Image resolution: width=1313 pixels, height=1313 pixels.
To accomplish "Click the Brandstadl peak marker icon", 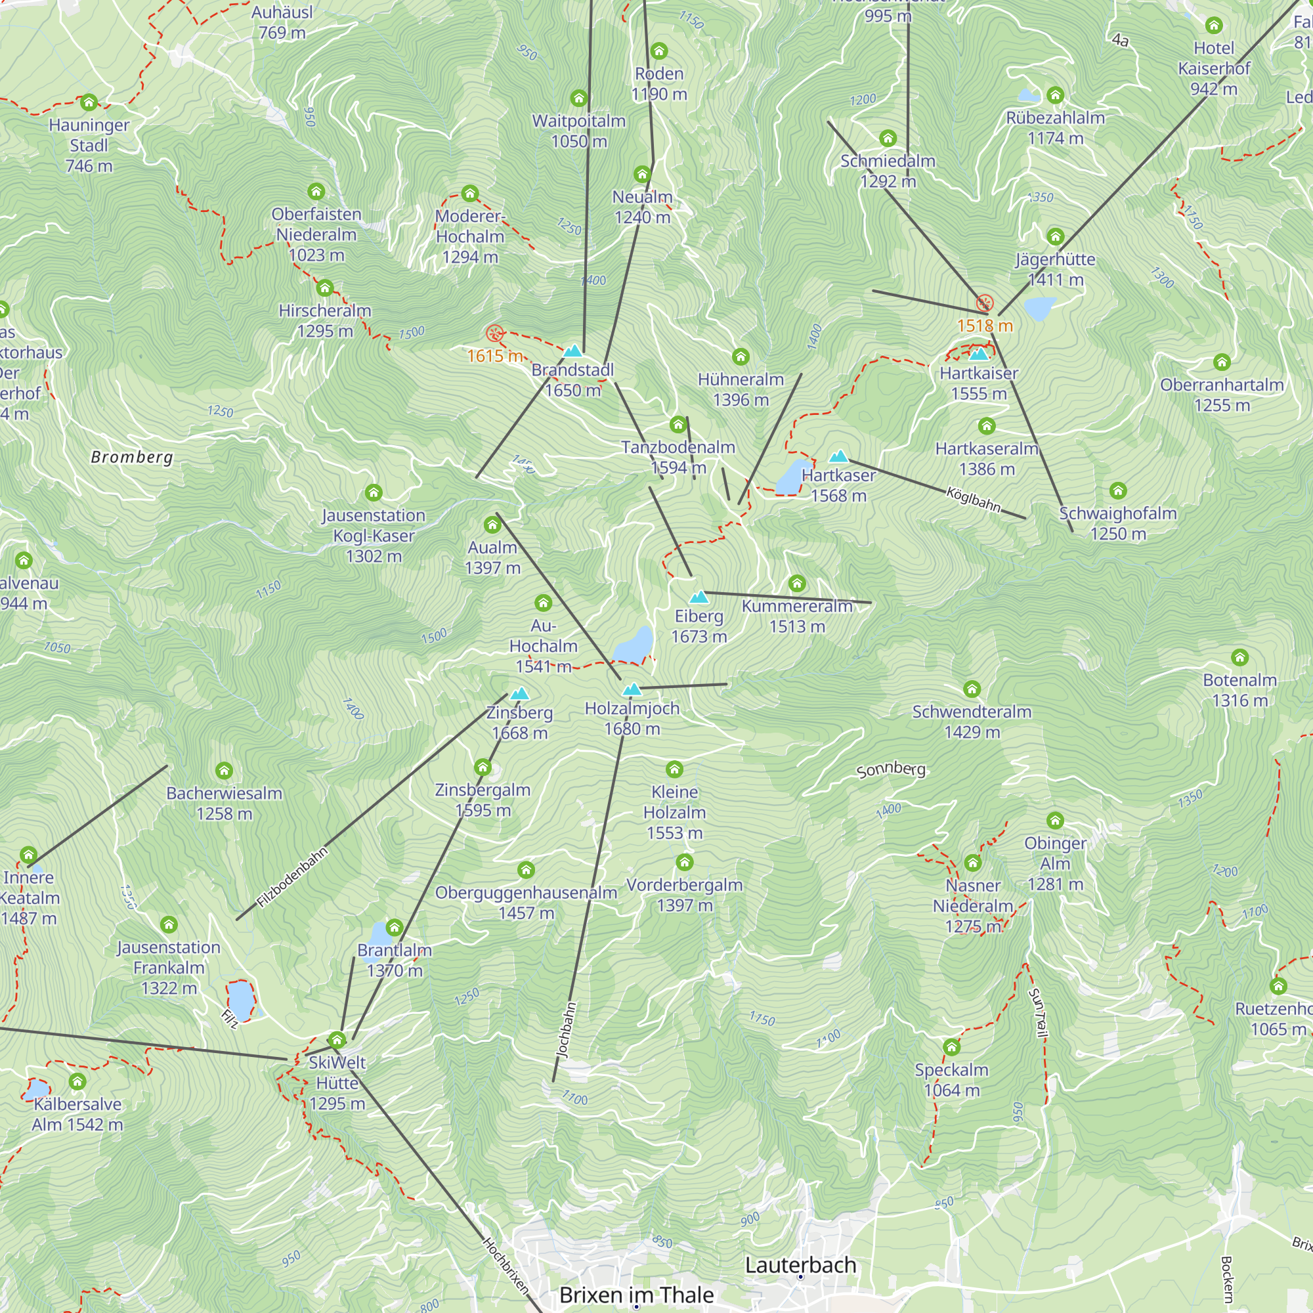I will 573,351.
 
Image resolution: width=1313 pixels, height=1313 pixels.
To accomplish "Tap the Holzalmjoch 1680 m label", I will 632,718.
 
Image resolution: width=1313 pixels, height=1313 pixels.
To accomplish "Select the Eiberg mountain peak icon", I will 699,597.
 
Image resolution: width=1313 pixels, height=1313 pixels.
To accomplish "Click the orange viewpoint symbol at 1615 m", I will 495,333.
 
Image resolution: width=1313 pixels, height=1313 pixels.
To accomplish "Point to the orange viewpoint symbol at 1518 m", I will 985,303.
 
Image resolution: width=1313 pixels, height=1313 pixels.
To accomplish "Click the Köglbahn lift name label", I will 973,500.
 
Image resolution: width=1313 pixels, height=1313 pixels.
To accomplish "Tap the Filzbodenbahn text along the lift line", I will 292,877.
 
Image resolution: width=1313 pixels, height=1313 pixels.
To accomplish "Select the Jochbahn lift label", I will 566,1029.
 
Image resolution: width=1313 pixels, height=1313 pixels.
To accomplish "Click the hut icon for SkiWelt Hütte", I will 337,1040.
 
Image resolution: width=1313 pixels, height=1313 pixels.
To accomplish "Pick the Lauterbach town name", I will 800,1266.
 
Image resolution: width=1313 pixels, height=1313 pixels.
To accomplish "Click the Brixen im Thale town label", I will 636,1295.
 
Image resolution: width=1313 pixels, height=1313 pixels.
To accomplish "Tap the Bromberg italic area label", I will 133,458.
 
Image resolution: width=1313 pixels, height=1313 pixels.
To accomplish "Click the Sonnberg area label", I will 890,770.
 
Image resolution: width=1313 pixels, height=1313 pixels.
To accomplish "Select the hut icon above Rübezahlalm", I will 1055,95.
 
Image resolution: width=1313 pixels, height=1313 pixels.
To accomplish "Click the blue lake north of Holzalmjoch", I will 634,643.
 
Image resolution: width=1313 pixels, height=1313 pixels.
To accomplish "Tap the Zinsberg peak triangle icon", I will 520,694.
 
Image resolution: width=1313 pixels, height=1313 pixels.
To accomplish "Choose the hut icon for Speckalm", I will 951,1046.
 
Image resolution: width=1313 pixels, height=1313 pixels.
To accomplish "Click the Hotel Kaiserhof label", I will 1214,68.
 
